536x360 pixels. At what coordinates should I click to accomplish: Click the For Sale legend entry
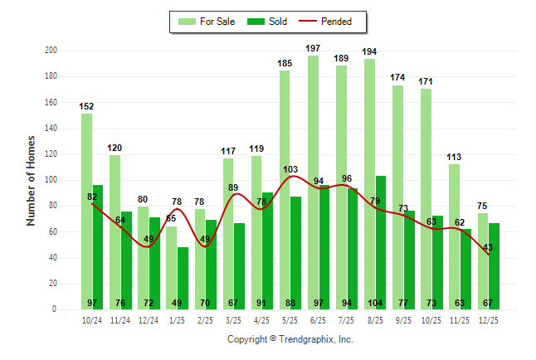click(207, 22)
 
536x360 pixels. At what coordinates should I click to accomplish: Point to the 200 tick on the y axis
click(51, 51)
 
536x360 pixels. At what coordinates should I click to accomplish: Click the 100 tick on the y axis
click(51, 180)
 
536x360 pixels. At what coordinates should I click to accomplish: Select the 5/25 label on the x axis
click(290, 319)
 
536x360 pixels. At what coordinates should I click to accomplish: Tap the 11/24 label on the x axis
click(120, 319)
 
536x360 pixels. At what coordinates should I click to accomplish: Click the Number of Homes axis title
click(31, 180)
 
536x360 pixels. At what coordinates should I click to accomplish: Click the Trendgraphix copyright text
click(290, 339)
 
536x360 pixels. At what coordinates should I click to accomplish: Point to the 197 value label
click(313, 49)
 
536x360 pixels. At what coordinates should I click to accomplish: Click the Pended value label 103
click(290, 170)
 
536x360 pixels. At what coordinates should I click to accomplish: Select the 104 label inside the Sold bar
click(381, 304)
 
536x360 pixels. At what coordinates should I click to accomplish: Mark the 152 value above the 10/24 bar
click(86, 107)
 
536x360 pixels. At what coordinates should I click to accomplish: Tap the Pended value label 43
click(488, 247)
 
